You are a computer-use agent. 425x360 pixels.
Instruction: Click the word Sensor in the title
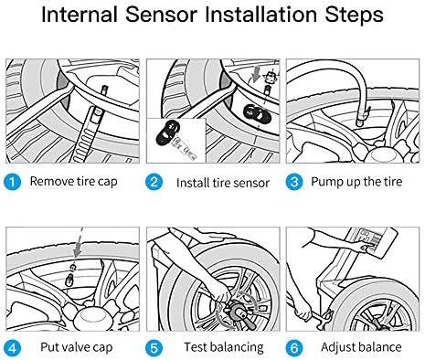coord(162,15)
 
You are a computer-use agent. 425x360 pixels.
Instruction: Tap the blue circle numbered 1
coord(12,182)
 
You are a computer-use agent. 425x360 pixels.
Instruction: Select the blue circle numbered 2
coord(154,182)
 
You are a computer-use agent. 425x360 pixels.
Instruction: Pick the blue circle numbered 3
coord(294,182)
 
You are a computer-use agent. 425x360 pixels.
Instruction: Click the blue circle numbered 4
coord(12,348)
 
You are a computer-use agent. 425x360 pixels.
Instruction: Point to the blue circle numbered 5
coord(154,348)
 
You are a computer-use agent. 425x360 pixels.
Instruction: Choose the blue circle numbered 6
coord(294,348)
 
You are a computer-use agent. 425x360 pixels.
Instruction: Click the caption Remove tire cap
coord(73,182)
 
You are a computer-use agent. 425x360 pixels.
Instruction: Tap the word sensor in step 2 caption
coord(250,183)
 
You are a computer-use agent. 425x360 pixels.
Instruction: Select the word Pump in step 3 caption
coord(324,182)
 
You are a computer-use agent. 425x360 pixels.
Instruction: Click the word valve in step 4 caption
coord(77,347)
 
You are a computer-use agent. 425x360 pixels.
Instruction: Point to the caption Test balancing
coord(224,347)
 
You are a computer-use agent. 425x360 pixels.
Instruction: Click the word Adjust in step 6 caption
coord(338,347)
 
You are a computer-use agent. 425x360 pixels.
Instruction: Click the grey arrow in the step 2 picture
coord(255,75)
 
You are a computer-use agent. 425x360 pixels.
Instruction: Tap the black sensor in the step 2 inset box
coord(167,132)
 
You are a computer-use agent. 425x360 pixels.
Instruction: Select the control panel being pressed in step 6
coord(373,241)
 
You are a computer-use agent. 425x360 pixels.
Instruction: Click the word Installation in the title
coord(261,15)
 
